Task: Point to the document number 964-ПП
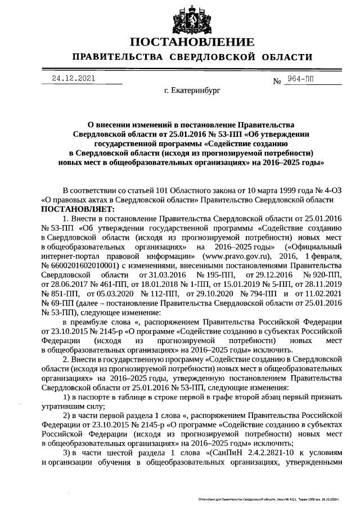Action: tap(299, 79)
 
